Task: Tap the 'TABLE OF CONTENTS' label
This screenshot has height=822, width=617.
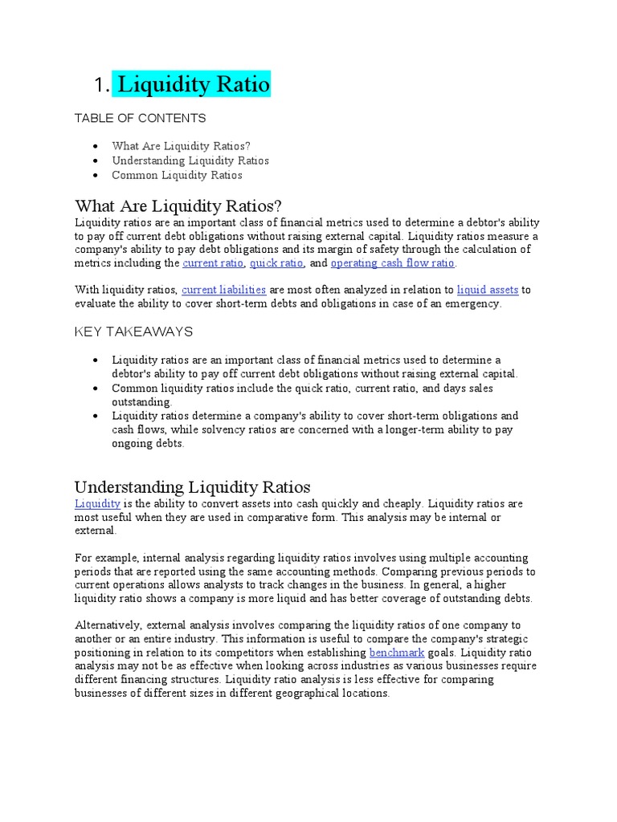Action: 140,118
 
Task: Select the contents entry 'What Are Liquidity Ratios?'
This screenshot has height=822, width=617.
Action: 181,146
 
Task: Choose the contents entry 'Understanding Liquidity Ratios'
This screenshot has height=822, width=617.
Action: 190,161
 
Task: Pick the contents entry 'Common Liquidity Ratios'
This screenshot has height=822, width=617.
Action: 177,175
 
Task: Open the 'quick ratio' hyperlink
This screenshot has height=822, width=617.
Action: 276,263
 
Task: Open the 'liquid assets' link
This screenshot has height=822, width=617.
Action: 488,290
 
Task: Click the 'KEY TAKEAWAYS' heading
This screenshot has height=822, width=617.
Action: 133,332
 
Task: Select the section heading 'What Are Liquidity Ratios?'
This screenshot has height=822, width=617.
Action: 178,205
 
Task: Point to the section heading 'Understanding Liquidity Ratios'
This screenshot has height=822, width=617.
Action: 192,486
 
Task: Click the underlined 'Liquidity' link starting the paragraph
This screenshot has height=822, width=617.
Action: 97,503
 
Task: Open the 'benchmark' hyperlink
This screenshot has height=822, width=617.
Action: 396,653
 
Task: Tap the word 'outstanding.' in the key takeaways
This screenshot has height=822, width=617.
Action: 142,401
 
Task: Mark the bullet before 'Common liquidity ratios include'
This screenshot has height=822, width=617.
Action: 96,389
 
